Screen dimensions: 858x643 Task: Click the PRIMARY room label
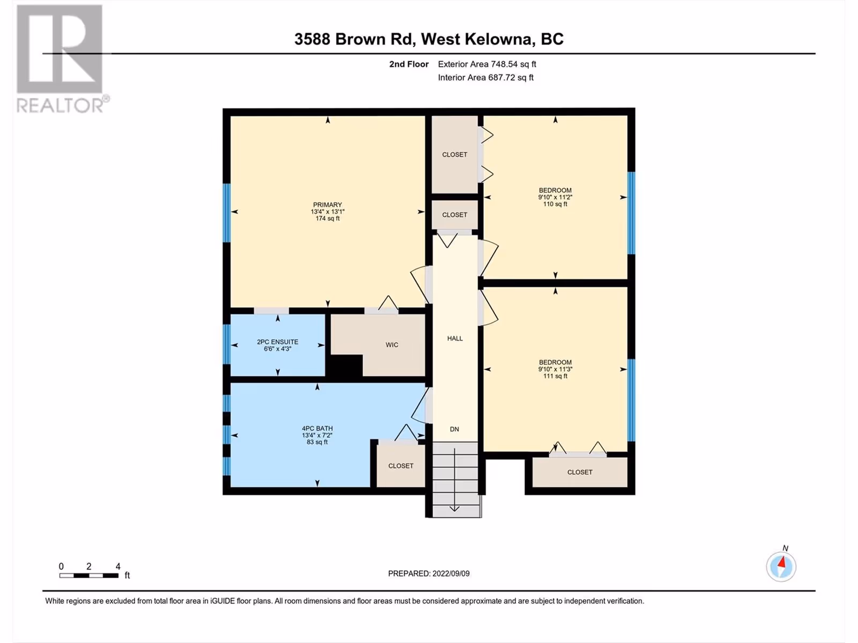[328, 205]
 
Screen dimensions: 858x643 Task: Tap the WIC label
[391, 345]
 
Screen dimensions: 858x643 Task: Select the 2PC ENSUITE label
[278, 342]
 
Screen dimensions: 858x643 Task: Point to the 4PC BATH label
[317, 428]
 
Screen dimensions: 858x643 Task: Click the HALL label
[455, 339]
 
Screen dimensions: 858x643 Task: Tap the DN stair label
[454, 429]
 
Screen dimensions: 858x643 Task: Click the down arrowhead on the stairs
[454, 509]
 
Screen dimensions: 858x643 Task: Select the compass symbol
[781, 566]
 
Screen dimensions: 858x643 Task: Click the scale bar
[88, 575]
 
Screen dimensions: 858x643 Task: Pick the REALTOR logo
[60, 58]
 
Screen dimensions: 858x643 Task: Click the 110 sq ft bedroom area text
[555, 204]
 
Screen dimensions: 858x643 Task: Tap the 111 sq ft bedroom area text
[555, 376]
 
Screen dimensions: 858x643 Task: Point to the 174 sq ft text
[328, 219]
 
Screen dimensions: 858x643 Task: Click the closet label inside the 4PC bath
[401, 466]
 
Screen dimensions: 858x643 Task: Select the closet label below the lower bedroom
[580, 472]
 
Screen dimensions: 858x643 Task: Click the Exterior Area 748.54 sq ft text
[487, 64]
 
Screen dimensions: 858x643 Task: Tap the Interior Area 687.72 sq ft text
[485, 77]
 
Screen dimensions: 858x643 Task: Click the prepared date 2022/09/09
[450, 573]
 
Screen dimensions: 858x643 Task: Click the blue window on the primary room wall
[226, 213]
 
